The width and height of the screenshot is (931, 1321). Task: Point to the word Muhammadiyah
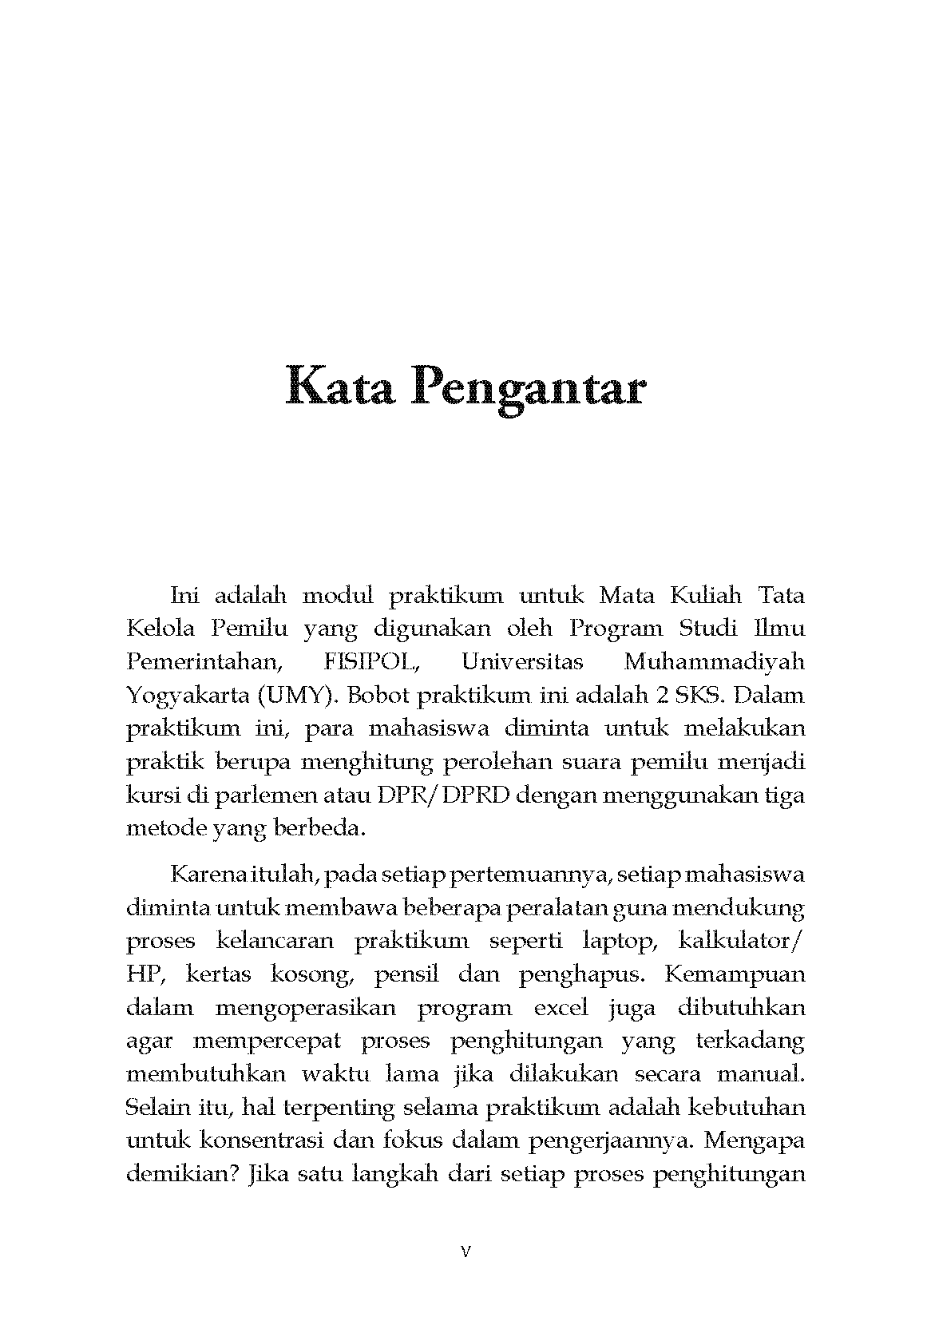[714, 662]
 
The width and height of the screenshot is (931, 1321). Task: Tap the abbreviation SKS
[699, 695]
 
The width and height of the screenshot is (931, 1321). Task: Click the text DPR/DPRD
[442, 795]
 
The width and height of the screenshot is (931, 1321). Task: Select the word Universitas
[522, 662]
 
